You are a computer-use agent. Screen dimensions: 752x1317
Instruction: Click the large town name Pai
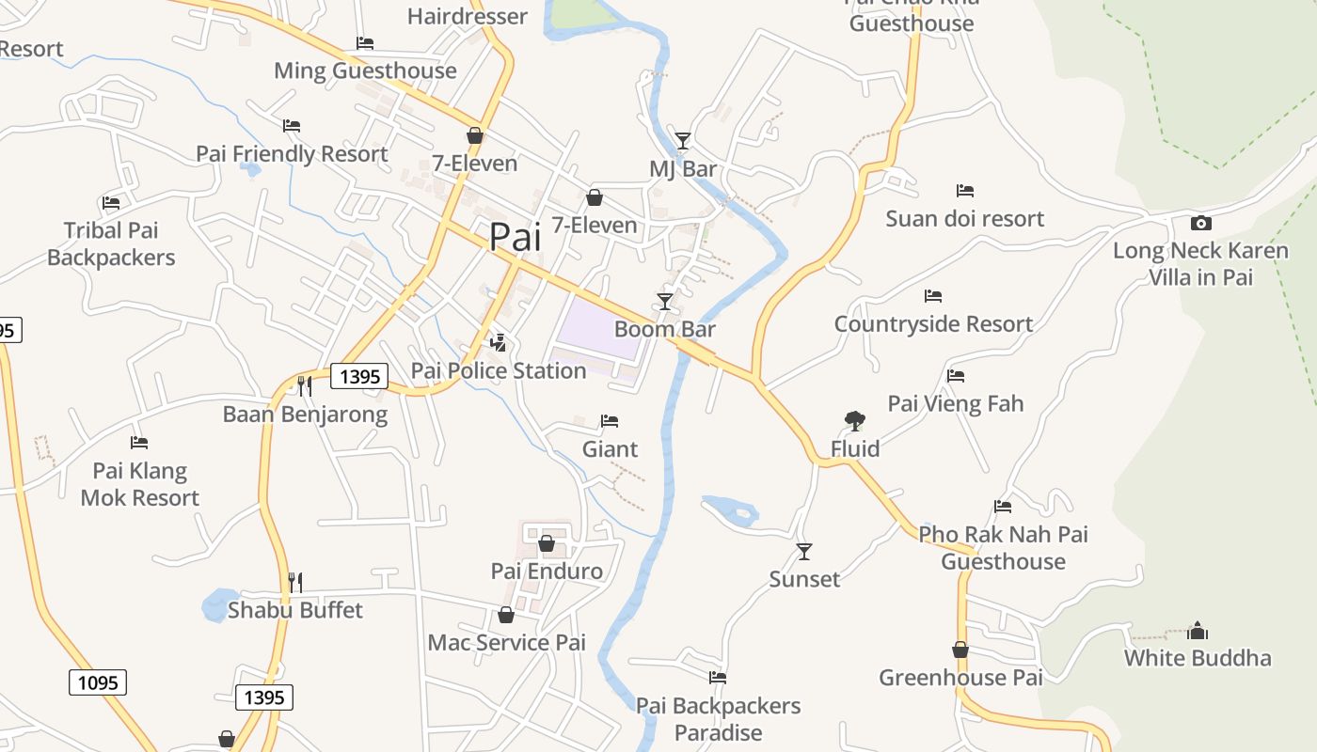coord(515,237)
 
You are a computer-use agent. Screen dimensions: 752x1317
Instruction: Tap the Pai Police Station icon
coord(499,343)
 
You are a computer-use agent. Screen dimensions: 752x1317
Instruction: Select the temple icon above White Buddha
coord(1198,630)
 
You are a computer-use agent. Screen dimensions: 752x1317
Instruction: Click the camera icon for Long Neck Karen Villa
coord(1200,223)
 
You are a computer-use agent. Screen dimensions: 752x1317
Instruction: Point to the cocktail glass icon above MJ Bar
coord(683,141)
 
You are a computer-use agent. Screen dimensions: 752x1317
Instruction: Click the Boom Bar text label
coord(665,329)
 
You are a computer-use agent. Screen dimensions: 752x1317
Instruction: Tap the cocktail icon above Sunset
coord(804,551)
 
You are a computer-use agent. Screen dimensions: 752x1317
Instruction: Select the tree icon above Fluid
coord(855,420)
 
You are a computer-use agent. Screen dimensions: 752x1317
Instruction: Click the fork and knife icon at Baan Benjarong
coord(304,385)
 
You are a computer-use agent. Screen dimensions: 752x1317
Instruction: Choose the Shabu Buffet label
coord(295,610)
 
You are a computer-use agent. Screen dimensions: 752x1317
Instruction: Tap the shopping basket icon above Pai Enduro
coord(547,543)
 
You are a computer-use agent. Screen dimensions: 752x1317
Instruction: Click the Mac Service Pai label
coord(506,643)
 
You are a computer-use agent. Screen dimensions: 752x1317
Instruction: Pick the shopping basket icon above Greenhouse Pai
coord(960,650)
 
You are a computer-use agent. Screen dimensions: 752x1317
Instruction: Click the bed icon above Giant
coord(610,420)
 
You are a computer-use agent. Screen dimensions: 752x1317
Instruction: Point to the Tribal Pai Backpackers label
coord(111,243)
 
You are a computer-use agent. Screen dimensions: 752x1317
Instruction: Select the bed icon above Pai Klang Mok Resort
coord(139,442)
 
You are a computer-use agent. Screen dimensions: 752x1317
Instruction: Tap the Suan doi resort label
coord(965,219)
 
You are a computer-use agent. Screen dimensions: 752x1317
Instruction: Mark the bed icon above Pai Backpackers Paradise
coord(718,677)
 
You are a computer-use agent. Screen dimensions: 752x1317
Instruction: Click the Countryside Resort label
coord(933,324)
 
